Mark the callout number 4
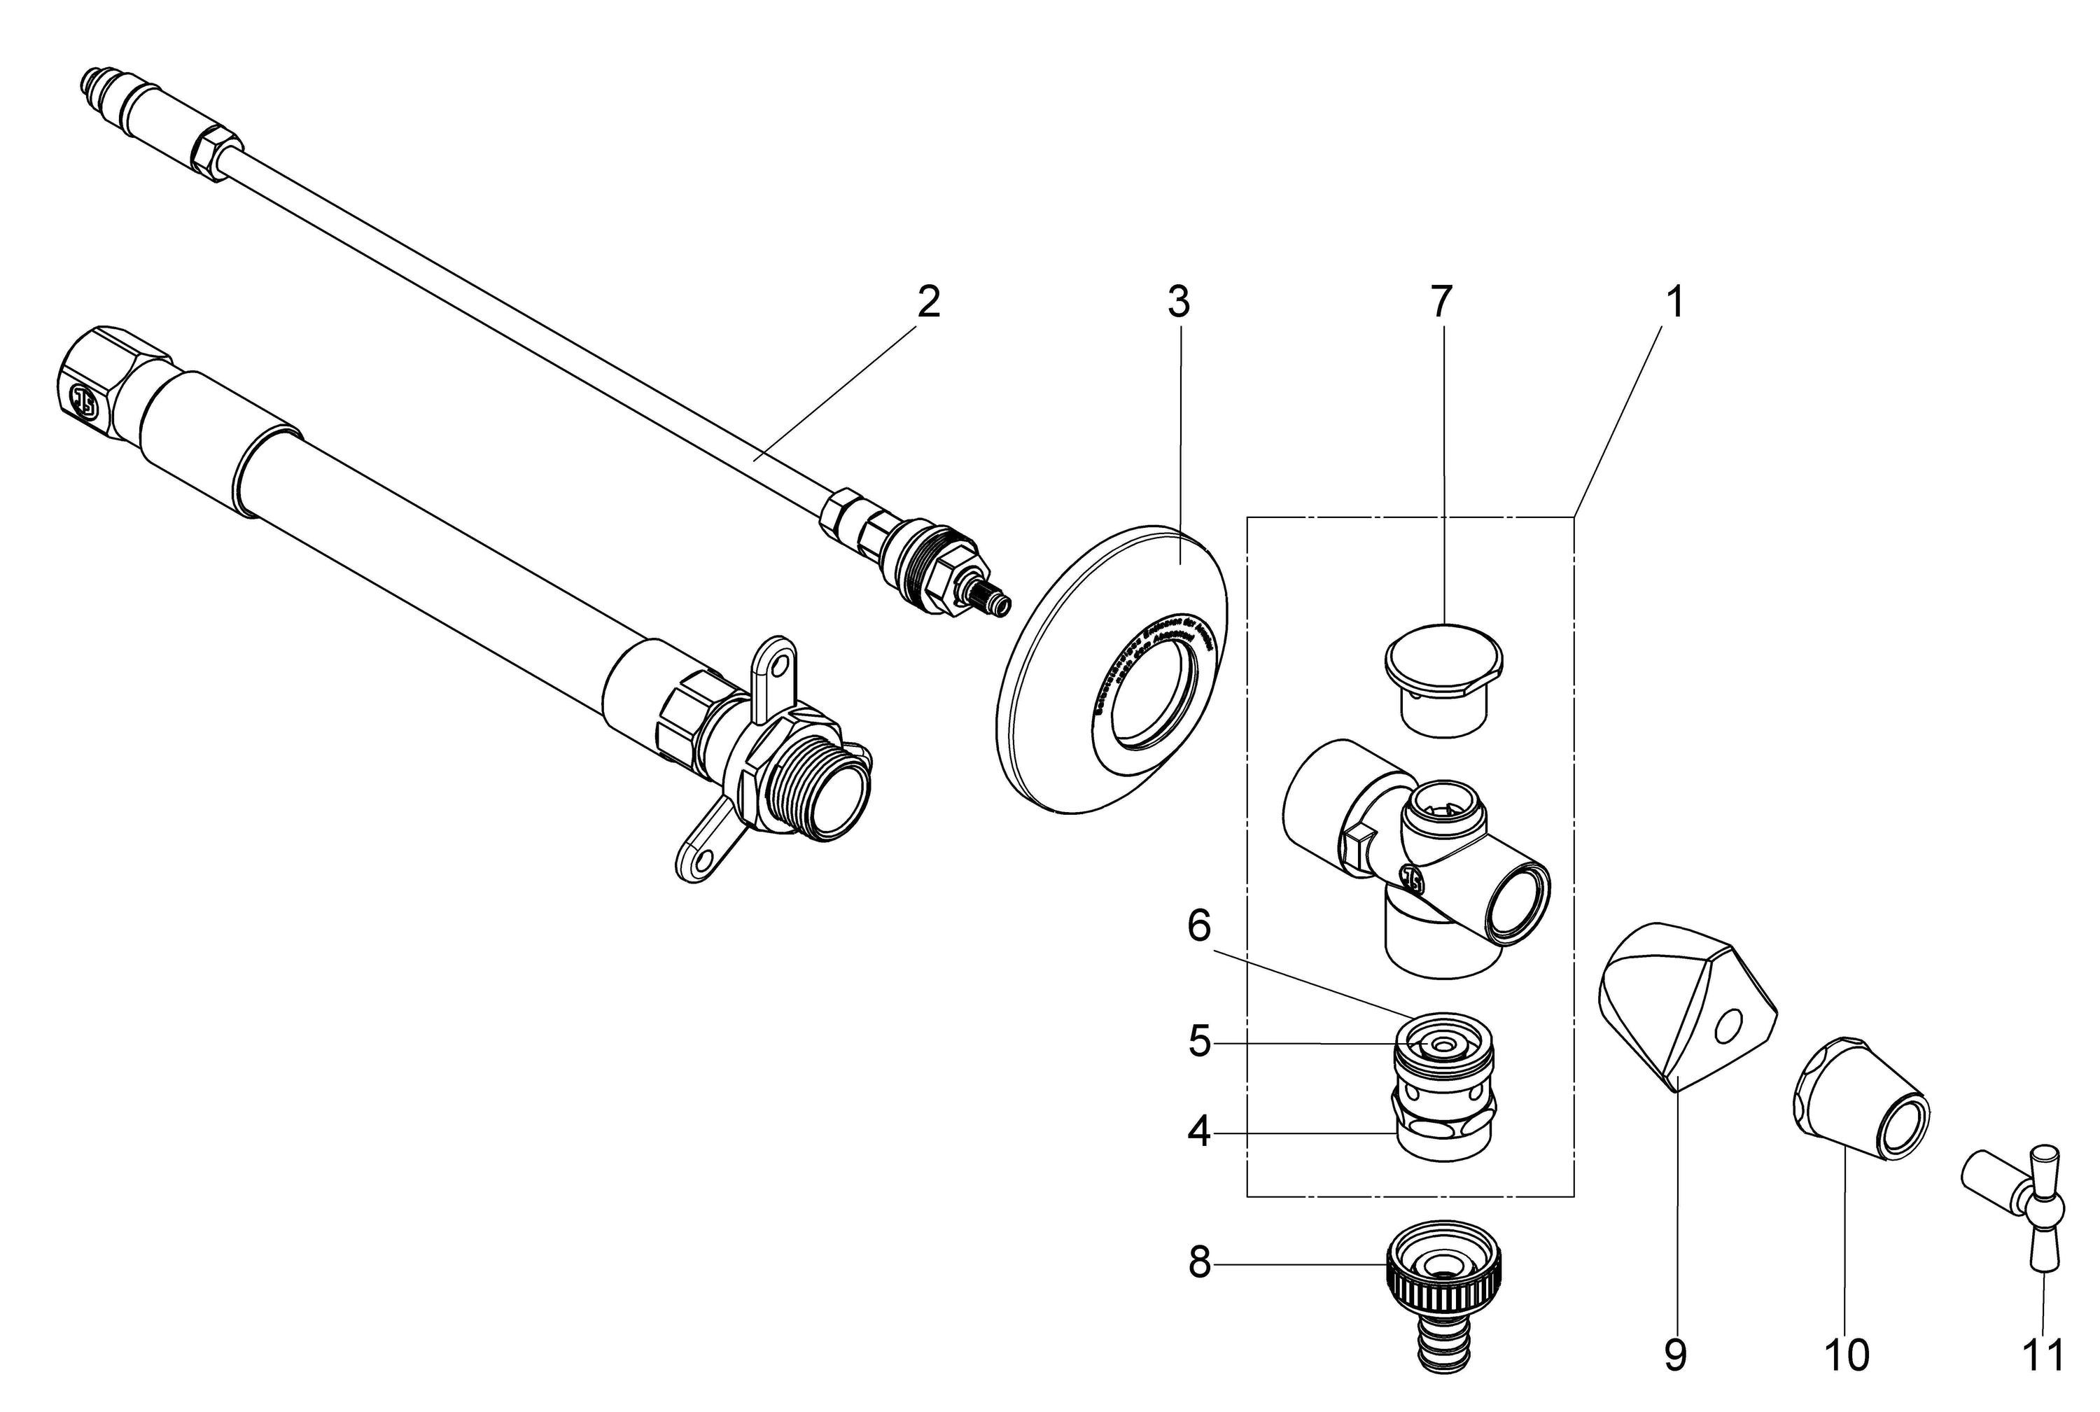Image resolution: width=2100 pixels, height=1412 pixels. [x=1198, y=1132]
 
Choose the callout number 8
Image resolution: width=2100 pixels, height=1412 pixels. [x=1198, y=1264]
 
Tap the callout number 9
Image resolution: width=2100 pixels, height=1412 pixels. [x=1675, y=1355]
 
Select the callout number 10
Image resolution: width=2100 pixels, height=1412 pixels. [x=1846, y=1355]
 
